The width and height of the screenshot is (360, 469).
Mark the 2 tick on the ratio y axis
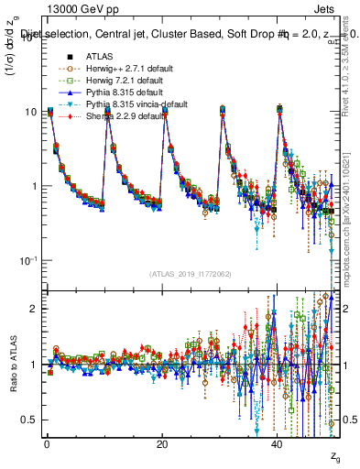tap(33, 309)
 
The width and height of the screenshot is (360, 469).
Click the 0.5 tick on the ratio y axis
tap(29, 420)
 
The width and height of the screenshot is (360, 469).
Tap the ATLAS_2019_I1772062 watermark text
tap(191, 273)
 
